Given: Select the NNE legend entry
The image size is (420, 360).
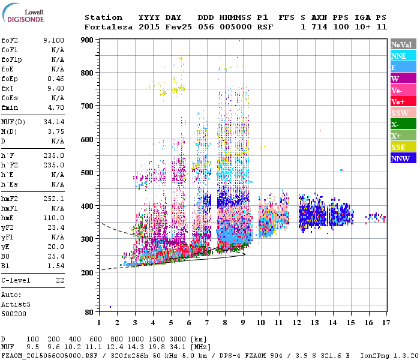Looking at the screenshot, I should point(403,56).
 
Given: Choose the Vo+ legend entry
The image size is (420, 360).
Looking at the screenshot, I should point(403,101).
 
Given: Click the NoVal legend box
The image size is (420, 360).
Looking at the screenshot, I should point(403,44).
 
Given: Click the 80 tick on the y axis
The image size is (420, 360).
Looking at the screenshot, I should point(89,312).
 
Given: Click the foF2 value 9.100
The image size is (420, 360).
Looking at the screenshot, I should point(53,40).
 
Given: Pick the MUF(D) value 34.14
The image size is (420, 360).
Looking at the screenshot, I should point(53,122).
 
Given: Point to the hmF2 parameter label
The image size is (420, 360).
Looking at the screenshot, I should point(11,199).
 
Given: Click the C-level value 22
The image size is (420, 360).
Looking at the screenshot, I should point(59,280).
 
